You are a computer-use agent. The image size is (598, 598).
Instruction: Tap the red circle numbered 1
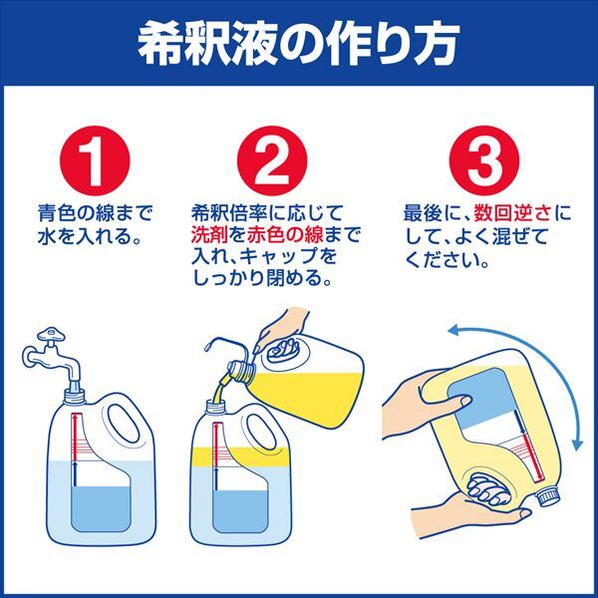point(95,160)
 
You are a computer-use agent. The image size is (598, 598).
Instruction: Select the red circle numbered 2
point(272,160)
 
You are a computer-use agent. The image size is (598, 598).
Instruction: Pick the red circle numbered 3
point(484,160)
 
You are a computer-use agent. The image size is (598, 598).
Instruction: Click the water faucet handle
point(51,335)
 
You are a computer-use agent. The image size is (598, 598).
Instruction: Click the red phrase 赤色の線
point(285,234)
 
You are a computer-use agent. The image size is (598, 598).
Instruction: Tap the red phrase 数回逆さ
point(512,213)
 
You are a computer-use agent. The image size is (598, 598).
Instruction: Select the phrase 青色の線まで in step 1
point(95,213)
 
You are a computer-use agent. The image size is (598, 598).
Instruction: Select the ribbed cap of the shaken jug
point(549,495)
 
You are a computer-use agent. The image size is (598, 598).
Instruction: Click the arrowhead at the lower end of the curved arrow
point(578,445)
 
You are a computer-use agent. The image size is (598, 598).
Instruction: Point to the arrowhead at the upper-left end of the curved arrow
point(453,330)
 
